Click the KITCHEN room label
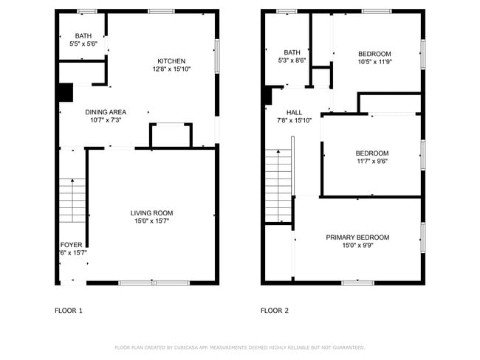(171, 61)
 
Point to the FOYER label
(72, 245)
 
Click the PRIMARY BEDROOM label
(357, 238)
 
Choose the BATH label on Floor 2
(292, 52)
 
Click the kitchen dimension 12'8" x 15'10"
(171, 69)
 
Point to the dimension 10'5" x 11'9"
(374, 62)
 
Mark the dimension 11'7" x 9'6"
(372, 162)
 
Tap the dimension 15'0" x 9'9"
(357, 246)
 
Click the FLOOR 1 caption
(69, 311)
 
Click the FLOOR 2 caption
(275, 311)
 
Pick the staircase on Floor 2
(278, 184)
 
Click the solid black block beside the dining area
(65, 93)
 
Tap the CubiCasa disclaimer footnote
(240, 347)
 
